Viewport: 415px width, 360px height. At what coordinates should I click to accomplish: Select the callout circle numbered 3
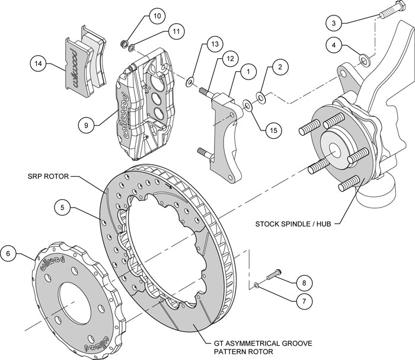point(334,23)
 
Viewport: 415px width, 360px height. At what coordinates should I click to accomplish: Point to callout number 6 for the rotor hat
point(8,253)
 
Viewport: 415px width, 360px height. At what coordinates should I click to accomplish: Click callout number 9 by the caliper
point(87,125)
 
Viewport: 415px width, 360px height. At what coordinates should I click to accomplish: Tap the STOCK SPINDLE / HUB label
point(292,224)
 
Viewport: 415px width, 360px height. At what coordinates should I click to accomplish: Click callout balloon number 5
point(63,208)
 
